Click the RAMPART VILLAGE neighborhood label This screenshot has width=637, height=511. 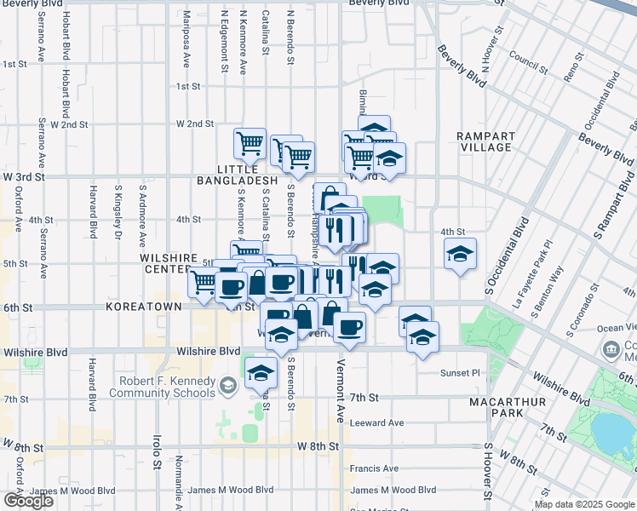[485, 141]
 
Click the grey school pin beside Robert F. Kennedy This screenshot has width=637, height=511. [227, 387]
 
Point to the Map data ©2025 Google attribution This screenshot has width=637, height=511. [584, 504]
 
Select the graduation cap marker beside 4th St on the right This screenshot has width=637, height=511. [460, 254]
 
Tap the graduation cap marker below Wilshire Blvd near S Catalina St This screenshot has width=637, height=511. [261, 372]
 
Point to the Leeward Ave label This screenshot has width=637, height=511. [378, 422]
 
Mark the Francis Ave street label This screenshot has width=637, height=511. [374, 468]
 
